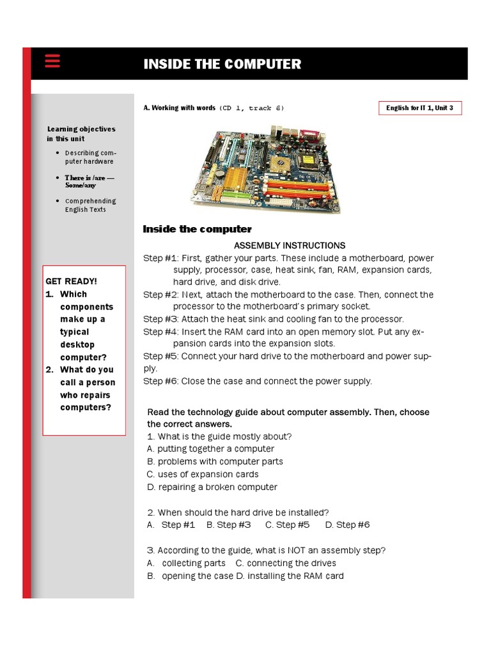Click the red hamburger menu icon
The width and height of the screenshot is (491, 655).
(x=52, y=61)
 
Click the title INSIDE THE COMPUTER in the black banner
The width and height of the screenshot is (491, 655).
(x=222, y=64)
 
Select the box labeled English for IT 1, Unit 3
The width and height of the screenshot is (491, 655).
(x=419, y=108)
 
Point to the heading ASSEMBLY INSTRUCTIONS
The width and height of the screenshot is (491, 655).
(x=290, y=246)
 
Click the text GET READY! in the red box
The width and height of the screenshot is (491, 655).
(x=72, y=281)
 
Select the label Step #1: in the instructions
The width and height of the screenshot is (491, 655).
(x=160, y=258)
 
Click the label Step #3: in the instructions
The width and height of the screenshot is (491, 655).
(x=160, y=319)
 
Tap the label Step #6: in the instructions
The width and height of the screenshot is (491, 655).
(x=160, y=381)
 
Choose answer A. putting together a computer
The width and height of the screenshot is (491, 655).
(x=210, y=449)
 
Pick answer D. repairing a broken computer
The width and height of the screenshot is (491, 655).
(x=212, y=487)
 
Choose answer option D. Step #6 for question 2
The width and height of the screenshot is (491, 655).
(x=347, y=525)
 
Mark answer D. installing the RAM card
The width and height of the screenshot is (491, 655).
(x=290, y=576)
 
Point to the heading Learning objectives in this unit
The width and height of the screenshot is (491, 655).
(x=81, y=134)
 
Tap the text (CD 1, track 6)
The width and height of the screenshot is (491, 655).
(x=251, y=108)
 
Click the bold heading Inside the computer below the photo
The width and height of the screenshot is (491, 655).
(x=197, y=230)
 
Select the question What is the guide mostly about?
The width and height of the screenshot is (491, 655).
(x=219, y=437)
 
